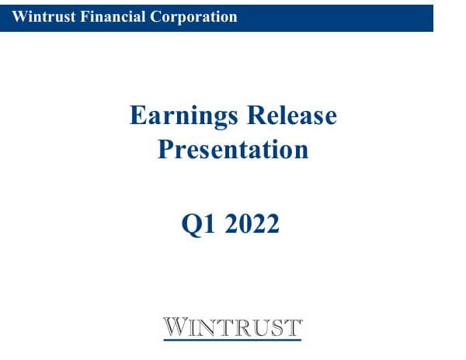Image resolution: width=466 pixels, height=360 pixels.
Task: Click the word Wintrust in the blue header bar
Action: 40,16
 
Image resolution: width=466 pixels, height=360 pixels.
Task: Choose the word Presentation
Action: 233,148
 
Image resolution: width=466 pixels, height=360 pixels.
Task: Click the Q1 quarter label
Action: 197,224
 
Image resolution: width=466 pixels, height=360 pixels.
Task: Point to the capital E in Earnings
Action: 137,116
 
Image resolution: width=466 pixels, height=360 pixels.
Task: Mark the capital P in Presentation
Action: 165,148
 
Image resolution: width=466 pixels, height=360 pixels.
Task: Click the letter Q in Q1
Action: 191,224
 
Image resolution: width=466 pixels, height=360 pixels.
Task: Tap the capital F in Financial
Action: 78,16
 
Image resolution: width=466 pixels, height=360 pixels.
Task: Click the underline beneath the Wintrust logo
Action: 232,338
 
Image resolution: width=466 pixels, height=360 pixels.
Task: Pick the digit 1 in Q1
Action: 207,224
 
